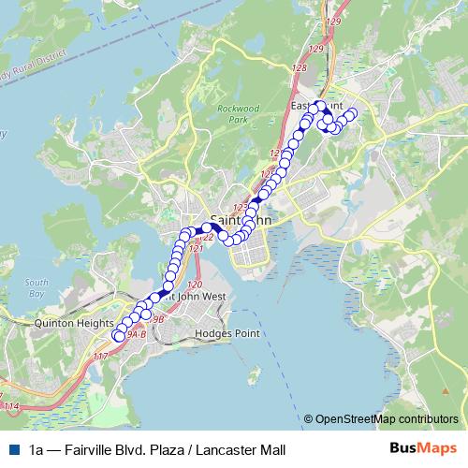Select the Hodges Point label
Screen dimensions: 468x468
click(216, 333)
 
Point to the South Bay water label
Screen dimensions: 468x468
click(37, 287)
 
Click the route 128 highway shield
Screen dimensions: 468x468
click(299, 68)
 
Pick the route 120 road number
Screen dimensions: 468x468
click(195, 285)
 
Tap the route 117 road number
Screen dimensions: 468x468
click(100, 357)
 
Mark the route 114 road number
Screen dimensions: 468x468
click(10, 406)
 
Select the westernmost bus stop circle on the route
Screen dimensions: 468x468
click(118, 335)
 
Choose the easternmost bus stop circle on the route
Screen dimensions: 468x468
click(353, 113)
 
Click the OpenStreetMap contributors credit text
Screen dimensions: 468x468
click(387, 419)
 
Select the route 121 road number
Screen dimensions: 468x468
click(196, 249)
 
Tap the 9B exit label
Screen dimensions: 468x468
click(157, 319)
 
